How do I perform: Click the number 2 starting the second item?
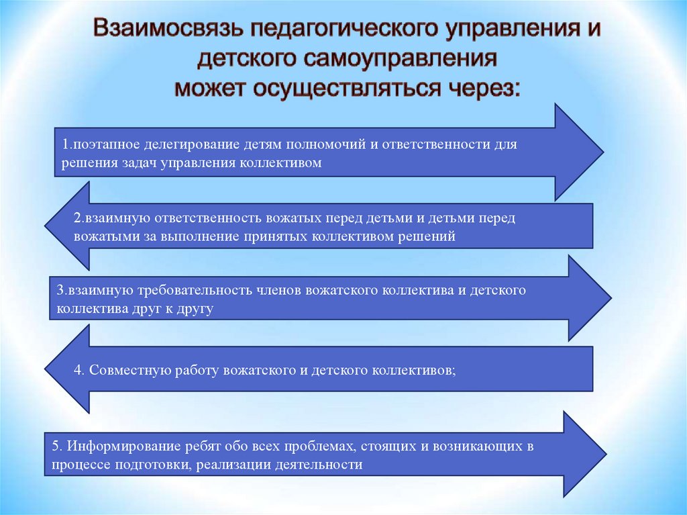point(77,219)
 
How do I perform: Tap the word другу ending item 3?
point(197,309)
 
